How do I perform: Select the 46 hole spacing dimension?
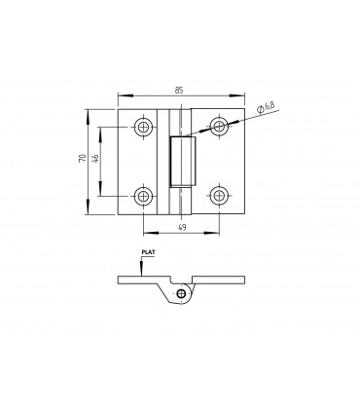coord(97,160)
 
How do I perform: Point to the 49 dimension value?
coord(181,227)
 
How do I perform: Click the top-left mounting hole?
coord(144,127)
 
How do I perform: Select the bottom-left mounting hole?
coord(144,197)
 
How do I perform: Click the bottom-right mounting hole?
coord(220,197)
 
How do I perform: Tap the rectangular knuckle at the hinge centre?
coord(182,161)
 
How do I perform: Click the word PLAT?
coord(148,251)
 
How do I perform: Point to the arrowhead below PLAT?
coord(144,271)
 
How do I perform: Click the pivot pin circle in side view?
coord(181,292)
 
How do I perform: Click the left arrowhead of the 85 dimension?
coord(120,96)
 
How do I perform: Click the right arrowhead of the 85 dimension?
coord(243,96)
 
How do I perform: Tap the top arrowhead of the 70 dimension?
coord(90,110)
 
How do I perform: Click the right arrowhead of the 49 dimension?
coord(218,233)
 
